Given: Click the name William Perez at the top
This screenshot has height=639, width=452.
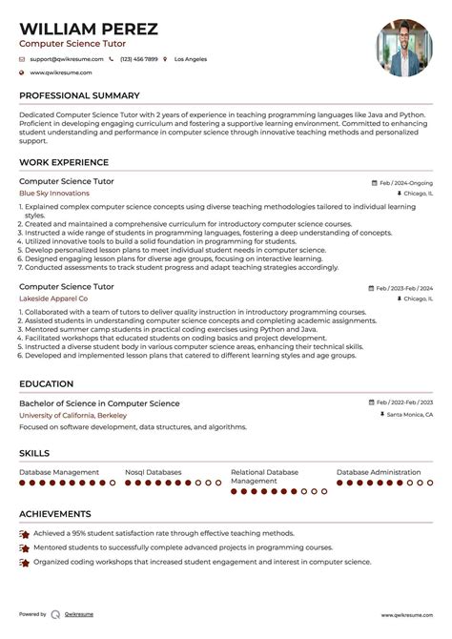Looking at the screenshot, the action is [89, 29].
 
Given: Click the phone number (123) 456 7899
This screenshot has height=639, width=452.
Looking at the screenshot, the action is [139, 59].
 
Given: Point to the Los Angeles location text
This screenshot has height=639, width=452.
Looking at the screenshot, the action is [191, 59].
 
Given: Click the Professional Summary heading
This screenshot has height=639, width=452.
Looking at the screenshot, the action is [80, 96].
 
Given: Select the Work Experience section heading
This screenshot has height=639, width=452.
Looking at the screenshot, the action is [64, 162].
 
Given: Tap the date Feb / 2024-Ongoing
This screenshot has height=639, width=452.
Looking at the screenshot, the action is [405, 181].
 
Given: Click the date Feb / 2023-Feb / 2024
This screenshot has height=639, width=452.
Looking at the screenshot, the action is [403, 287].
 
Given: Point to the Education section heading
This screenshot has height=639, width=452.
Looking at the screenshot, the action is [47, 384].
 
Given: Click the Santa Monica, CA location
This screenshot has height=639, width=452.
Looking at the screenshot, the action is [409, 415].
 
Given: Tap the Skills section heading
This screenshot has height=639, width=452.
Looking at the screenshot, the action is [34, 453].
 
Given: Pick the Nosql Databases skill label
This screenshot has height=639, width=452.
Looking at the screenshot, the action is [153, 472].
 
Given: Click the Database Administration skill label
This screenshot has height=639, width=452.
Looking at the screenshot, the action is [379, 472].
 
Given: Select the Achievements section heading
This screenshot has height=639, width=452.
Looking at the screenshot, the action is [55, 514].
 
